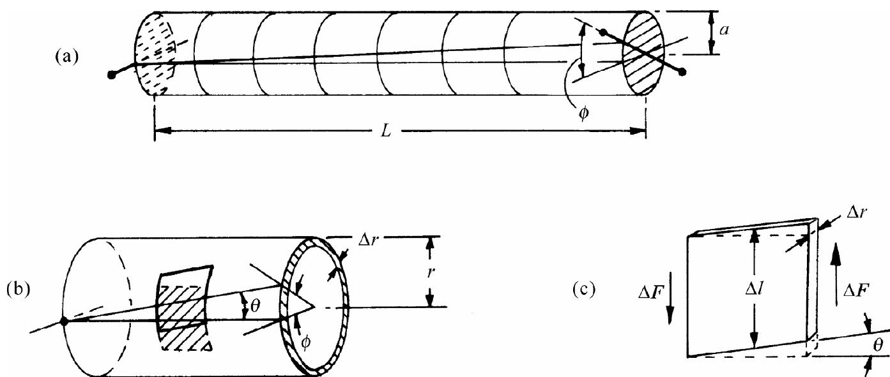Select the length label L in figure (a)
click(392, 131)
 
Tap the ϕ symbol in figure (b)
click(306, 342)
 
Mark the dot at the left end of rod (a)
click(112, 75)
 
